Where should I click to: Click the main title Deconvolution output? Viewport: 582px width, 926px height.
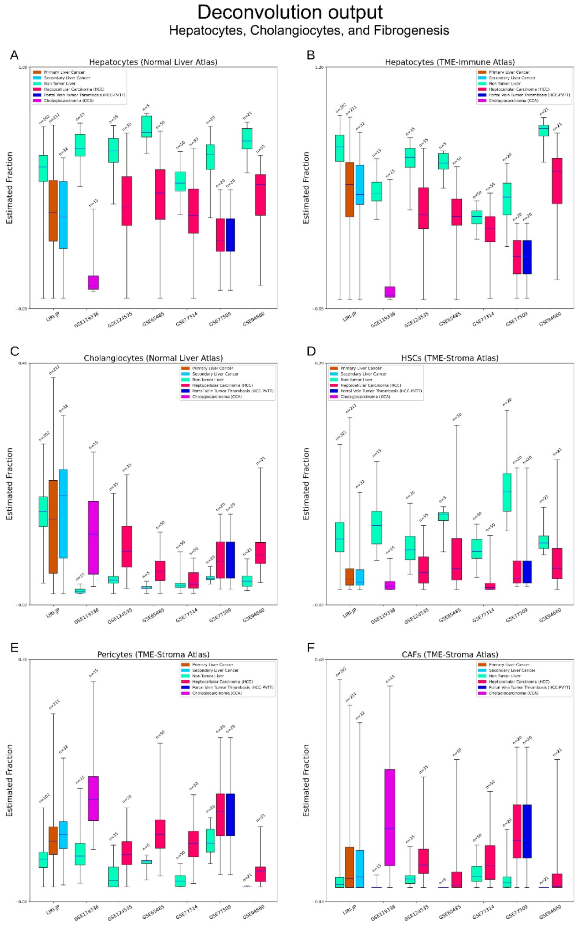[290, 12]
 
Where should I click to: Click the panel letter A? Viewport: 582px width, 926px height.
[14, 55]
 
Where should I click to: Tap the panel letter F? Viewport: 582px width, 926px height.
[311, 647]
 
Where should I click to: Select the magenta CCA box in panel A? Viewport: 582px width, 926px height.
[93, 282]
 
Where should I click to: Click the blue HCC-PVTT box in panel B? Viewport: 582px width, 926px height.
[527, 257]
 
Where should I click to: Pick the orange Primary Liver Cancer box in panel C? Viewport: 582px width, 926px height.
[53, 526]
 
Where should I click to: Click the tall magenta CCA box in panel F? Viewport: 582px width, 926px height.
[390, 817]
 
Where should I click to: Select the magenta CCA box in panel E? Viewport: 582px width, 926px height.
[93, 799]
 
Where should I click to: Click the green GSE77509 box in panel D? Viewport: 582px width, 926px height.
[507, 492]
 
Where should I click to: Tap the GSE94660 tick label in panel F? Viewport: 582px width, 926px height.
[550, 911]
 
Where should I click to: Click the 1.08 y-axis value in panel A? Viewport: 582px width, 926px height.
[22, 67]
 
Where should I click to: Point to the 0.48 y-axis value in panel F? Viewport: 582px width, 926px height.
[319, 660]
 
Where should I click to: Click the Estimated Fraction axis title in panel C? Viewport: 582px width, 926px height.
[10, 483]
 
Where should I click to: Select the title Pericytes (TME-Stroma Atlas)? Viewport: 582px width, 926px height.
[153, 654]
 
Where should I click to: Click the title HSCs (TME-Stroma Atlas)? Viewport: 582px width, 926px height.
[449, 358]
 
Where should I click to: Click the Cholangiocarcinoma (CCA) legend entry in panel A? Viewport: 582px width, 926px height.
[68, 101]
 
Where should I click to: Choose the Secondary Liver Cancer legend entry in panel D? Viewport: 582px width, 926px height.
[363, 374]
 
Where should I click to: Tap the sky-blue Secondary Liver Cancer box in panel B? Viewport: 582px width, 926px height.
[360, 184]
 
